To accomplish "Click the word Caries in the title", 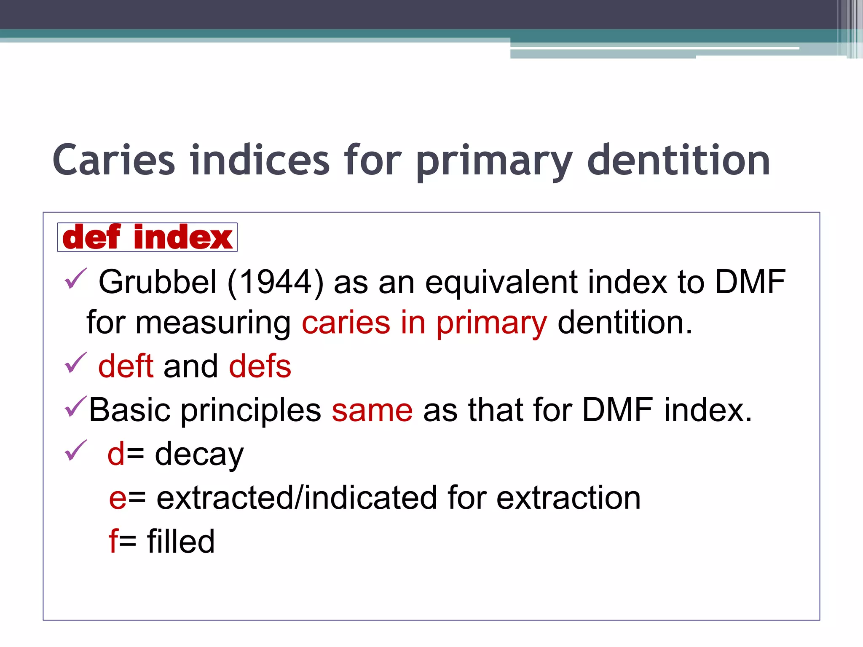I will click(114, 160).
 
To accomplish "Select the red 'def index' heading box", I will click(147, 238).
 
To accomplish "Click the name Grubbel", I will click(158, 282).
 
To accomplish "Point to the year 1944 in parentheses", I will click(276, 282).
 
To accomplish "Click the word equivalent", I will click(501, 282).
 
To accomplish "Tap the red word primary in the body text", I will click(491, 323).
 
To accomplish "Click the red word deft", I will click(126, 366).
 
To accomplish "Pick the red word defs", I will click(260, 366).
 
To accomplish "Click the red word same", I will click(372, 410).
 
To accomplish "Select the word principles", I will click(251, 410).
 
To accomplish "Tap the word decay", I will click(199, 455).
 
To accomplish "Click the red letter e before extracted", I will click(118, 498).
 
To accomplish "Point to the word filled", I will click(181, 541).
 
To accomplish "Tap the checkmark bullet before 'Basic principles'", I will click(76, 407).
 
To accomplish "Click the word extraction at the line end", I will click(568, 498).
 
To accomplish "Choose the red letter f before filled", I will click(113, 541).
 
